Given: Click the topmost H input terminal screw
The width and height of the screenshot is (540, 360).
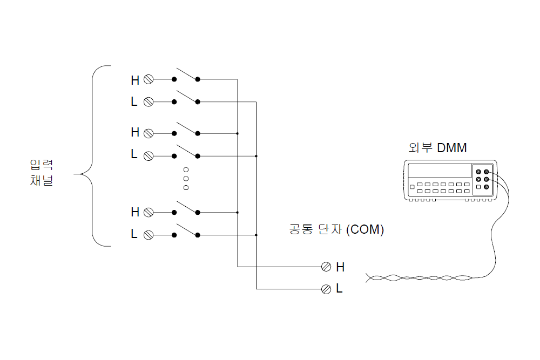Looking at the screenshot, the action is (148, 79).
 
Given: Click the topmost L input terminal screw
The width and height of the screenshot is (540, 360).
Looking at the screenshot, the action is (148, 102).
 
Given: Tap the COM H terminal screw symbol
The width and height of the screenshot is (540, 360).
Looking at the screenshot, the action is (326, 267).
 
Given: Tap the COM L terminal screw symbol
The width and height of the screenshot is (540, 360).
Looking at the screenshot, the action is (326, 289).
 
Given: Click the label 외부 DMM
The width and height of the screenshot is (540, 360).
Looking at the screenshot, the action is (437, 148).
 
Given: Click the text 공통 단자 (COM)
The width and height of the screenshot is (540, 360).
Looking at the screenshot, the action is (336, 229).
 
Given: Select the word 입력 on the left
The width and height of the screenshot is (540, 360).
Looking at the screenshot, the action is (42, 165).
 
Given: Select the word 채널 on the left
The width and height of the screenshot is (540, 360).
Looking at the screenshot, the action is (42, 180).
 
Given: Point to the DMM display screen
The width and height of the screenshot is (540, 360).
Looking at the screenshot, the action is (440, 171).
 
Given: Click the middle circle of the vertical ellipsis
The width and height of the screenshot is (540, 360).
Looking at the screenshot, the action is (186, 179).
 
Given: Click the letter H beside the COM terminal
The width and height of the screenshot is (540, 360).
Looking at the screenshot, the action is (340, 267).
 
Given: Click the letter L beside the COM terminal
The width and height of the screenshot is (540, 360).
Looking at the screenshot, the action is (339, 288).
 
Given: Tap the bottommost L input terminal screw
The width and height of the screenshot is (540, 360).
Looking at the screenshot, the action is (148, 235).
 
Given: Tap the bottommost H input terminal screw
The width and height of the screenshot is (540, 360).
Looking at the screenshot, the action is (148, 212).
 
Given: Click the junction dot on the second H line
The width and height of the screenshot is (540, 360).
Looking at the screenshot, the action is (237, 133).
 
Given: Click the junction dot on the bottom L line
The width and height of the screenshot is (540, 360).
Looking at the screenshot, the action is (256, 235).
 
